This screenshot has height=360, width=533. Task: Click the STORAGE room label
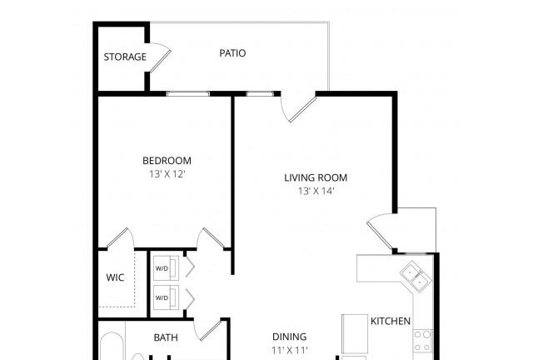125,57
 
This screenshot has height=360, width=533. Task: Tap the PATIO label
232,53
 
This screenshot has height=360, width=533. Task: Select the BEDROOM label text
167,161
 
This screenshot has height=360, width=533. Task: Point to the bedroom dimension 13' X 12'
167,174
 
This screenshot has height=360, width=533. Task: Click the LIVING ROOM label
316,177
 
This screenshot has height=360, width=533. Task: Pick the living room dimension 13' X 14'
316,191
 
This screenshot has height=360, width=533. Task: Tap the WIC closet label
115,277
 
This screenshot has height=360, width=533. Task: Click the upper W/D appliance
166,268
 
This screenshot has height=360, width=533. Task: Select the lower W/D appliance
166,297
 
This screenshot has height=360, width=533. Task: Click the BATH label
166,337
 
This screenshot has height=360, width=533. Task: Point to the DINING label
290,337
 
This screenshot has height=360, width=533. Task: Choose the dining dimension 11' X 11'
290,350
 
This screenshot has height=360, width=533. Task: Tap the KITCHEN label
391,321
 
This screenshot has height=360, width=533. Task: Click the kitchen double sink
416,277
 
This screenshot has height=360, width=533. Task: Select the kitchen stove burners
422,341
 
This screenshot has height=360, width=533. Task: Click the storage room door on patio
161,57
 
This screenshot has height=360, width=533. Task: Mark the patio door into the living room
299,109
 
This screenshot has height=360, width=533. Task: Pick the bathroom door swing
208,329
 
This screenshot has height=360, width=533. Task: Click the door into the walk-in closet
120,238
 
